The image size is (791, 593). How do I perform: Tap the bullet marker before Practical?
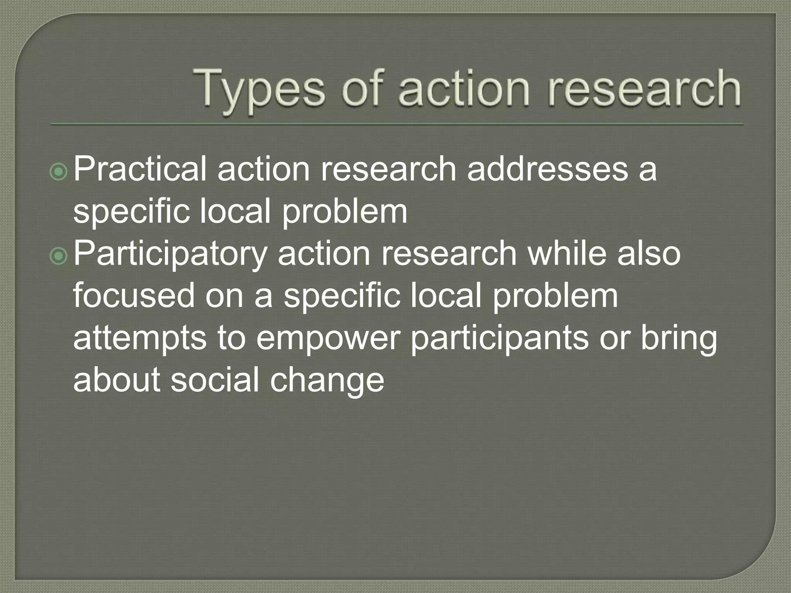pyautogui.click(x=59, y=172)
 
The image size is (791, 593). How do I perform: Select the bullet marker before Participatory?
pyautogui.click(x=59, y=257)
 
